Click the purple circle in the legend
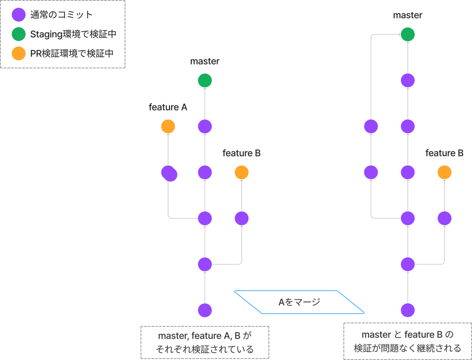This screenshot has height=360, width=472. point(19,15)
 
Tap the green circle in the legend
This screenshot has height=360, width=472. point(19,34)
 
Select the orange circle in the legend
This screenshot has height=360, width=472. point(19,54)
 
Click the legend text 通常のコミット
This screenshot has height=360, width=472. point(61,15)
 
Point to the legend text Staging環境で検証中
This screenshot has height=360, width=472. point(73,34)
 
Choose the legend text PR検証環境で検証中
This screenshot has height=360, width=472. point(72,54)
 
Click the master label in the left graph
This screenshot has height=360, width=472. point(205,61)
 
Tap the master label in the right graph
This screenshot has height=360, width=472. point(408,15)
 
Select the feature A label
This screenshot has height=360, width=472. point(168,107)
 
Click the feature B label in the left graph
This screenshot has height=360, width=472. point(242,153)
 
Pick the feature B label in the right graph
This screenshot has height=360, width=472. point(444,153)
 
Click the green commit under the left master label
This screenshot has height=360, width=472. point(205,80)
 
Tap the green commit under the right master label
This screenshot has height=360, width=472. point(408,34)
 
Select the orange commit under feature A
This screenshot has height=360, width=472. point(168,126)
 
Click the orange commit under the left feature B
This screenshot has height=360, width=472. point(242,172)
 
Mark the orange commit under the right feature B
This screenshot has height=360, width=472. point(444,172)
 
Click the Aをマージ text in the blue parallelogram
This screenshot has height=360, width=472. point(299,302)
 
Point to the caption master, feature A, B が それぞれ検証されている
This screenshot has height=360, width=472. point(205,343)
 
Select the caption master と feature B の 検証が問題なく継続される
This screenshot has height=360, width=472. point(408,342)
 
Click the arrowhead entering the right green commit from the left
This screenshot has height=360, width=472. point(400,34)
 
